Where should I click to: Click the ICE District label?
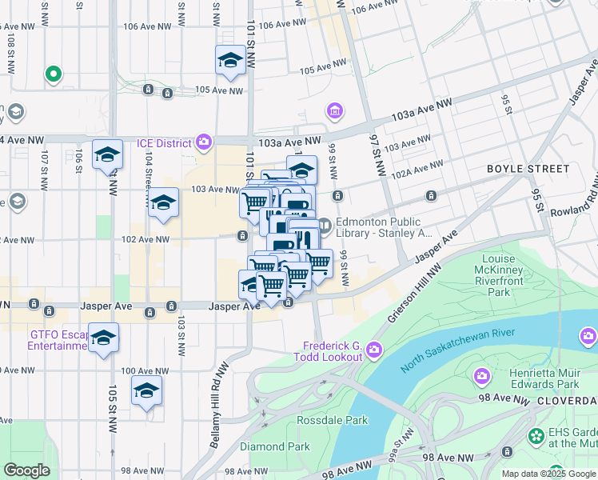click(x=163, y=143)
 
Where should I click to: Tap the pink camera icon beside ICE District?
click(x=204, y=143)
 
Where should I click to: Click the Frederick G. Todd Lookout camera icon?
click(x=374, y=350)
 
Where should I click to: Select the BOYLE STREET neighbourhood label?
click(x=528, y=169)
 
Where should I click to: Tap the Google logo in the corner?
click(x=26, y=470)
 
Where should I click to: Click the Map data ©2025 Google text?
click(x=548, y=474)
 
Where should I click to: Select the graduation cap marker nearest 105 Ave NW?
click(x=230, y=61)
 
